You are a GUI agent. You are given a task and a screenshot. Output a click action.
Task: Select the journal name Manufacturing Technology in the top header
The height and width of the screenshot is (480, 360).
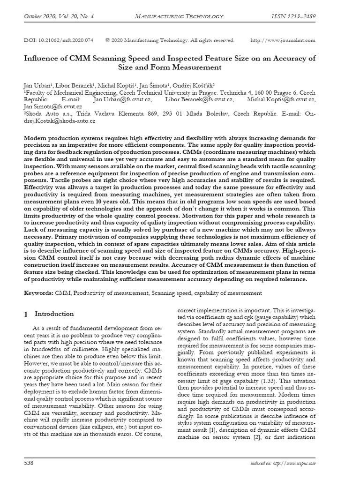tap(179, 17)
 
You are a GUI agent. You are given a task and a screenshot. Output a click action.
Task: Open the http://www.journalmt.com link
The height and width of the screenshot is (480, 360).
tap(283, 40)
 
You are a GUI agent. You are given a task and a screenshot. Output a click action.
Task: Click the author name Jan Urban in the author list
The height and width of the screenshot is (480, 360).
tap(36, 87)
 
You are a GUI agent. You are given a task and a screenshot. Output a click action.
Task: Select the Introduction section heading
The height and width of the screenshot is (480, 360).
tap(54, 314)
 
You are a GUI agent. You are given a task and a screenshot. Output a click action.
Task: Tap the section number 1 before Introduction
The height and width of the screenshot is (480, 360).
tap(26, 314)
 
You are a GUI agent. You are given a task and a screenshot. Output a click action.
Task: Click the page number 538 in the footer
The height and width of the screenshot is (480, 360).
tap(30, 464)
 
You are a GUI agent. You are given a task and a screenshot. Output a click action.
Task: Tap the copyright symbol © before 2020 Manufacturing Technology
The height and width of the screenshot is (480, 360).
tap(108, 40)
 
